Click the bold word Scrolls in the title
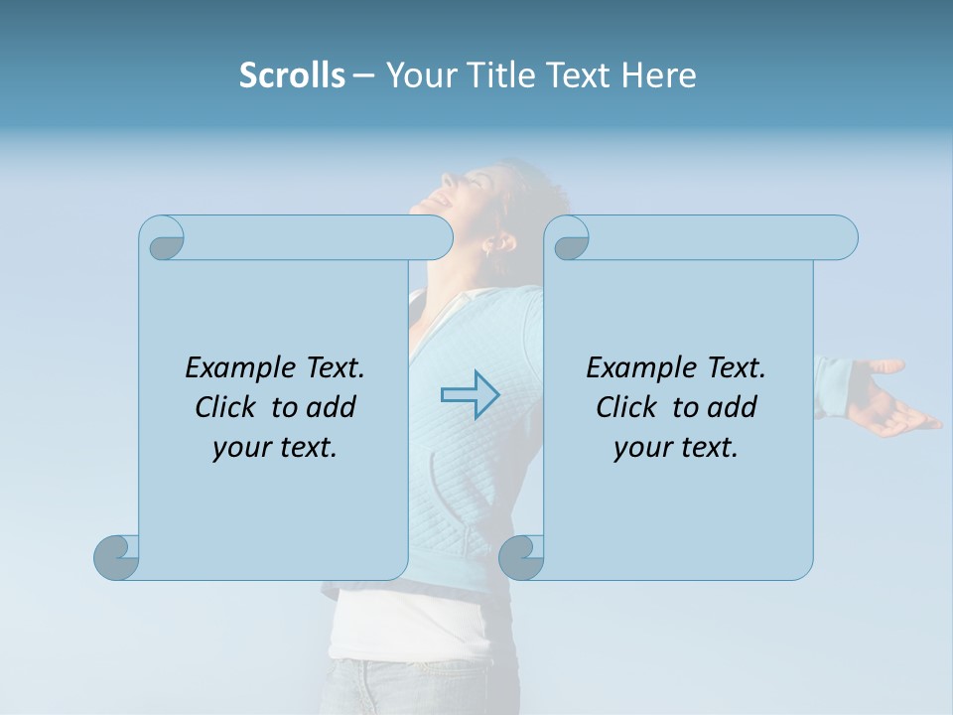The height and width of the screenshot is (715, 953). click(x=292, y=75)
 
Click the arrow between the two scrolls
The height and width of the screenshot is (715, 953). click(x=470, y=394)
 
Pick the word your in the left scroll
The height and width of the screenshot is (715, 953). click(x=238, y=448)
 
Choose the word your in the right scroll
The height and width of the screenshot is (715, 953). click(x=639, y=448)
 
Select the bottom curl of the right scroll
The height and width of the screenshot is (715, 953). click(x=521, y=557)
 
